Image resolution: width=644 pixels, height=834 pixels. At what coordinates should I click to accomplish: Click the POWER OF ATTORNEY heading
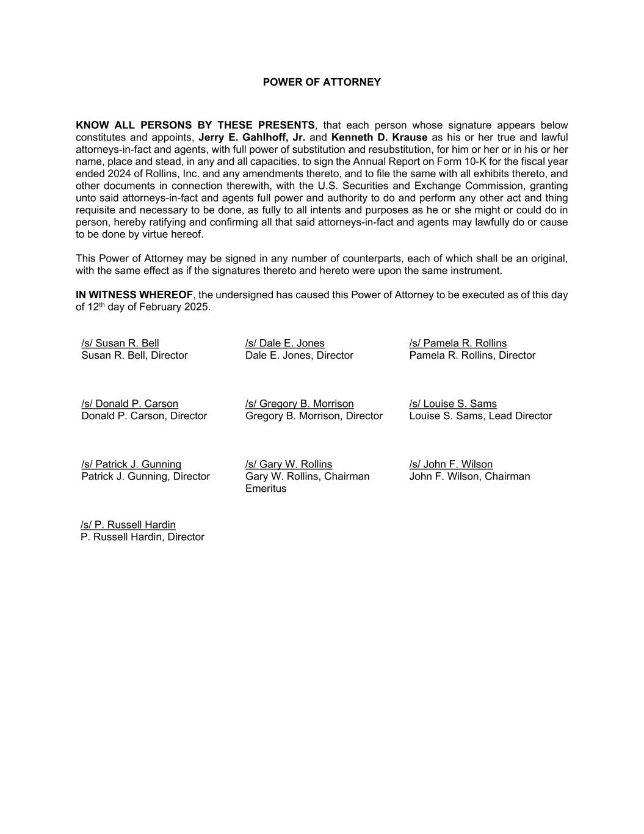322,82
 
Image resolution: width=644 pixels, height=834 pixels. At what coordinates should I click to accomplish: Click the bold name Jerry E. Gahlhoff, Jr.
251,137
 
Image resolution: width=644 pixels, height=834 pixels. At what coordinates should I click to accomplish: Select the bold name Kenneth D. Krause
379,137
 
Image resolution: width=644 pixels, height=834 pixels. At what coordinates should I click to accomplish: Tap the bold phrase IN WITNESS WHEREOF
134,294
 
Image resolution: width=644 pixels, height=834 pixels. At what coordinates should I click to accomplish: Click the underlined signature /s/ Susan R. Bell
120,343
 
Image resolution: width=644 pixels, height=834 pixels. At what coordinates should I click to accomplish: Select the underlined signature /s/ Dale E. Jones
285,343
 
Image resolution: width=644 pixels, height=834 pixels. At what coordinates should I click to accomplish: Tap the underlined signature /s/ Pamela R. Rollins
458,343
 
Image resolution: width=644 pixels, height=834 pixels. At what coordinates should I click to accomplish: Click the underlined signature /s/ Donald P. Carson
130,404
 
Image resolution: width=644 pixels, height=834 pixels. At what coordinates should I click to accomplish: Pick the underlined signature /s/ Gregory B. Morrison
300,404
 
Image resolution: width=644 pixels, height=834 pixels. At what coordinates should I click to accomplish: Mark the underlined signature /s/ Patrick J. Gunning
131,464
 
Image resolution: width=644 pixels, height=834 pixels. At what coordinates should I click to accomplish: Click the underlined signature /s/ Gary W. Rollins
289,464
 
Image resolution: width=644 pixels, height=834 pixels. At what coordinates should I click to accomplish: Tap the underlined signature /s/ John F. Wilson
451,464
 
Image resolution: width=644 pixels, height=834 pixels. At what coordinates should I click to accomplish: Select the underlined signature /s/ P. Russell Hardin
128,525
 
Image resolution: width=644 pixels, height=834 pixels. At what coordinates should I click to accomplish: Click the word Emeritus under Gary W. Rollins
266,489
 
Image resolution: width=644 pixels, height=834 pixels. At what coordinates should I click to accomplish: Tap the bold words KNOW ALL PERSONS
134,125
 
